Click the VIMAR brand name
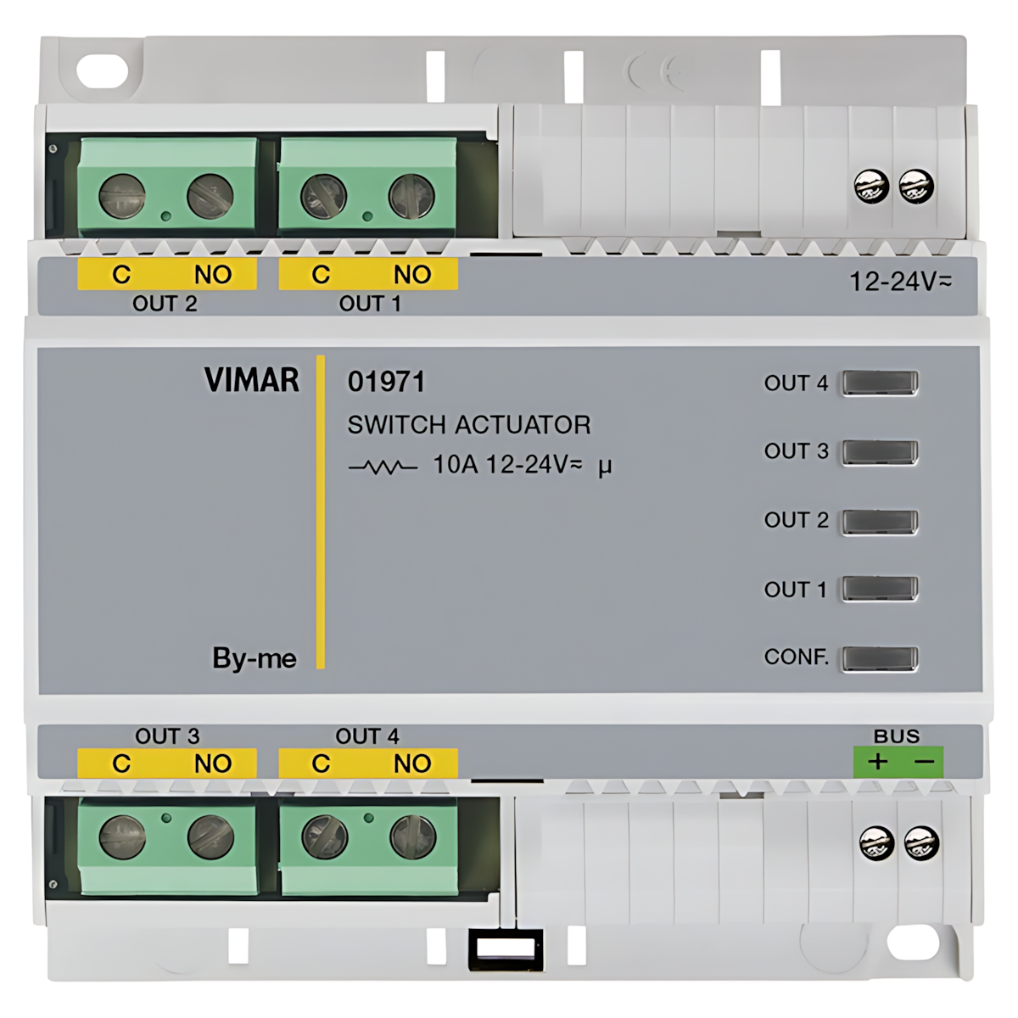click(x=251, y=380)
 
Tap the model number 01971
click(x=386, y=382)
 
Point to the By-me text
click(x=254, y=658)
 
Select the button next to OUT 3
click(x=881, y=452)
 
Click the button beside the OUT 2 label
click(x=881, y=521)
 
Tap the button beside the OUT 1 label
click(x=881, y=590)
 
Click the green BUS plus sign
click(x=877, y=761)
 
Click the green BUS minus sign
click(x=924, y=761)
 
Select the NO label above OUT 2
click(x=212, y=275)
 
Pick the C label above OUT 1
click(x=321, y=275)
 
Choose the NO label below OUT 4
click(x=412, y=763)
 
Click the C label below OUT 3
click(x=121, y=763)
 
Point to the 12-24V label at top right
click(x=900, y=282)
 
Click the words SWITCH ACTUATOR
click(x=468, y=424)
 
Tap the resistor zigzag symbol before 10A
click(x=383, y=467)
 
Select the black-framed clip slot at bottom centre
click(x=506, y=948)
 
